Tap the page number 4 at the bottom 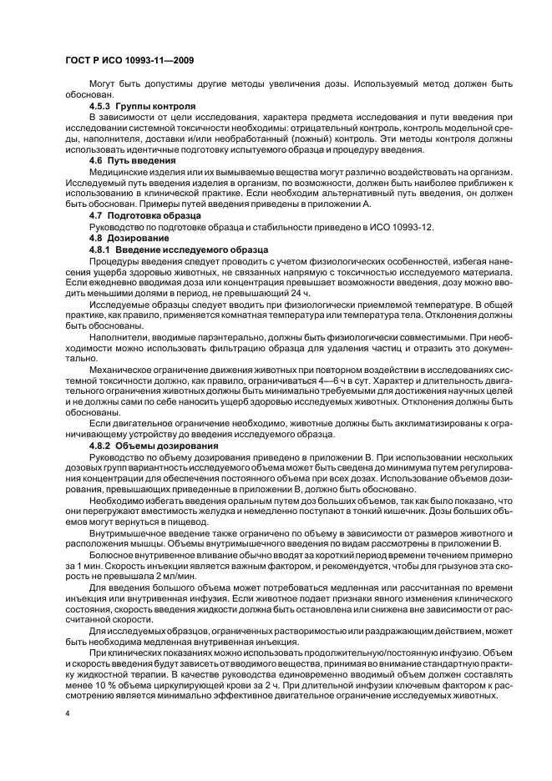tap(68, 715)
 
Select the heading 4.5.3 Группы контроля tap(142, 107)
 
